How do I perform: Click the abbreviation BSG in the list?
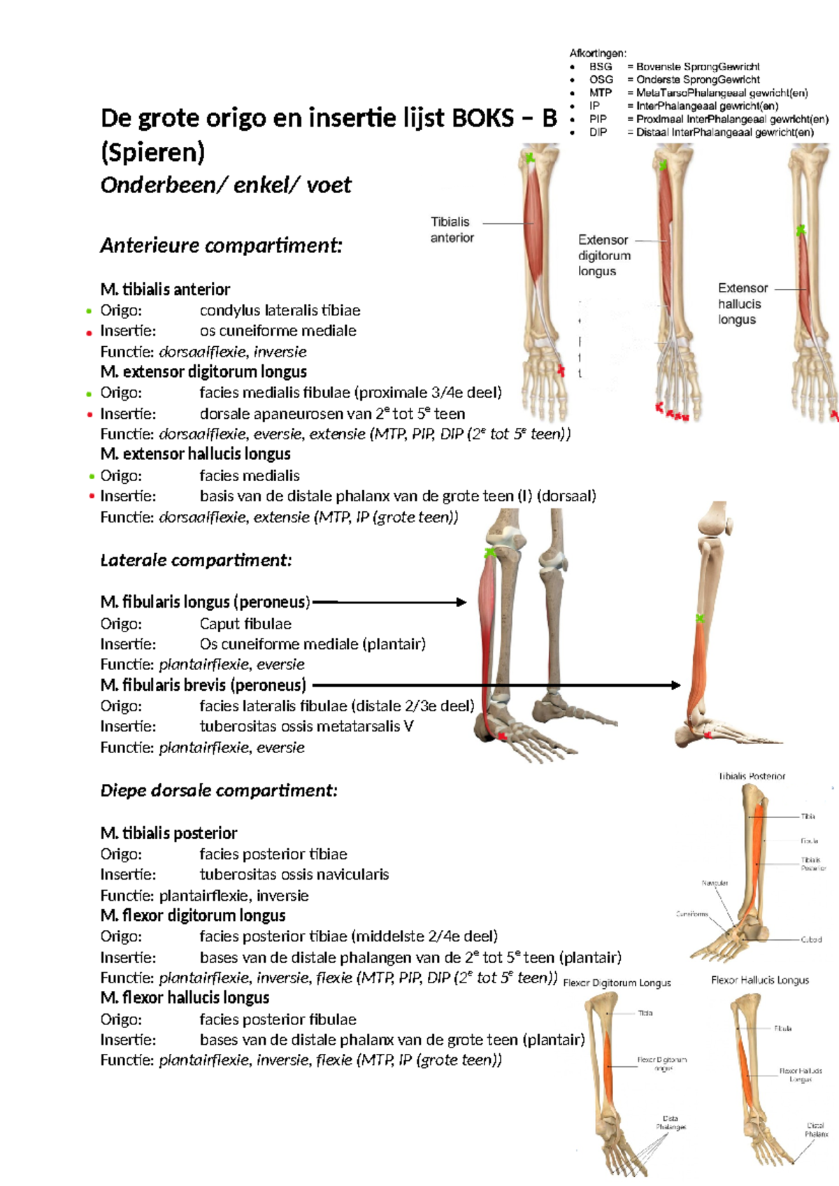601,66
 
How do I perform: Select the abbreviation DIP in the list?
598,132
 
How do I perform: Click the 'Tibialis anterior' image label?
452,229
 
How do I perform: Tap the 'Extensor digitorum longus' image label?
604,255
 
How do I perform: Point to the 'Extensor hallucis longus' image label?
743,303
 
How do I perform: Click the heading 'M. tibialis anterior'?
165,289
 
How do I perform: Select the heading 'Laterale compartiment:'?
196,560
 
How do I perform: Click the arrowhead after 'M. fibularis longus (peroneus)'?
461,602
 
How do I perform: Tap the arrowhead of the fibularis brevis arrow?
675,685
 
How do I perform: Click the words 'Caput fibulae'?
245,623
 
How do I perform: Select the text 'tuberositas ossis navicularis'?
294,874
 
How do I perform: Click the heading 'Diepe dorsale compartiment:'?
219,790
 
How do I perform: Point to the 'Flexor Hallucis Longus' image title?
760,980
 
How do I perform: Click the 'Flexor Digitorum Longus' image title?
617,983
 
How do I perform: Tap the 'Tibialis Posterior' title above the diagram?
752,776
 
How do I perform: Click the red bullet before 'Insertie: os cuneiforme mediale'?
89,333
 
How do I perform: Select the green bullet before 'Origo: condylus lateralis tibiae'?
89,311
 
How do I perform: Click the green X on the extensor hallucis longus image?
801,230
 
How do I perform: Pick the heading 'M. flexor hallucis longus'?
185,997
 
